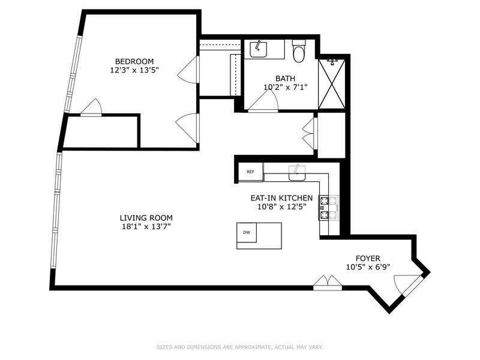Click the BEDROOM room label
[134, 61]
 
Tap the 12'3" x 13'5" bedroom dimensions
[134, 70]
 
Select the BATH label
[286, 79]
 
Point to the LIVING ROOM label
[146, 218]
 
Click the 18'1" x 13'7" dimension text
[146, 227]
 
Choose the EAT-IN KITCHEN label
[281, 198]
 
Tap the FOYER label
[368, 259]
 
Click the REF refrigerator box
[251, 172]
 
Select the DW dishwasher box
[247, 233]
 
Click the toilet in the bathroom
[298, 51]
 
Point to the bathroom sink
[259, 49]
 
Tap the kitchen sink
[296, 173]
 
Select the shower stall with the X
[332, 84]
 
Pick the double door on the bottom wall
[328, 283]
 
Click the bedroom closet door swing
[91, 107]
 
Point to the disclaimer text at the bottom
[239, 347]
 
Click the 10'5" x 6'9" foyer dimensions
[368, 267]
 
